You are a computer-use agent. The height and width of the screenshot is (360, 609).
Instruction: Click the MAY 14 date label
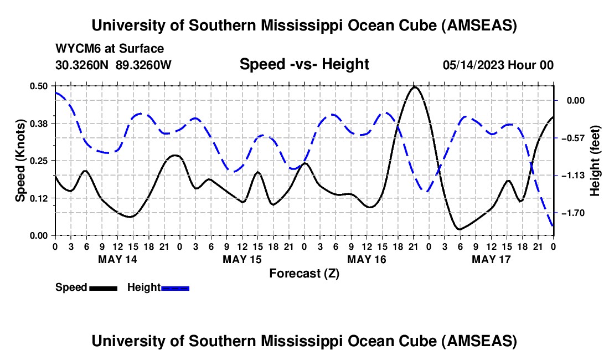(117, 259)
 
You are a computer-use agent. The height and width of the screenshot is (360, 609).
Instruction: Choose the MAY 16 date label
(367, 259)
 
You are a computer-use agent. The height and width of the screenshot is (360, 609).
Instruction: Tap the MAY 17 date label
(491, 259)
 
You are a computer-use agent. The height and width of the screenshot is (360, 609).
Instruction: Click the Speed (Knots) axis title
(20, 161)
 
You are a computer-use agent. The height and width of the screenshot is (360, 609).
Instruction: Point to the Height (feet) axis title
(595, 161)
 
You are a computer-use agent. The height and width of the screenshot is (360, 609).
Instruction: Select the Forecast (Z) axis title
(304, 273)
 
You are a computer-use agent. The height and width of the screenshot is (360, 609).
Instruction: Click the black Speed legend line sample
(103, 288)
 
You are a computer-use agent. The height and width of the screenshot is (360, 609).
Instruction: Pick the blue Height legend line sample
(176, 288)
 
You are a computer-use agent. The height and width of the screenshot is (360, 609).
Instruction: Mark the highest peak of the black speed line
(415, 86)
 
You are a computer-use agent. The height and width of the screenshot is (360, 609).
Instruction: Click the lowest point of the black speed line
(459, 229)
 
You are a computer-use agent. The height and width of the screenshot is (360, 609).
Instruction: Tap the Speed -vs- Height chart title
(304, 64)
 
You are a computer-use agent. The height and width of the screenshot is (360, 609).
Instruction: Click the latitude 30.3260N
(82, 65)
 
